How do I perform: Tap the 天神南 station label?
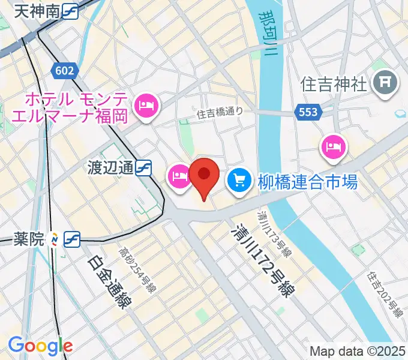(x=36, y=10)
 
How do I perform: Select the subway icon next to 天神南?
(x=69, y=11)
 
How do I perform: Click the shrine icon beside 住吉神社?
(x=385, y=85)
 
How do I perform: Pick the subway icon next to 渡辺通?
(x=143, y=169)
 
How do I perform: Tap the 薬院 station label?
(x=29, y=239)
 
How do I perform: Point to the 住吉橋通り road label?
(x=220, y=111)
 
